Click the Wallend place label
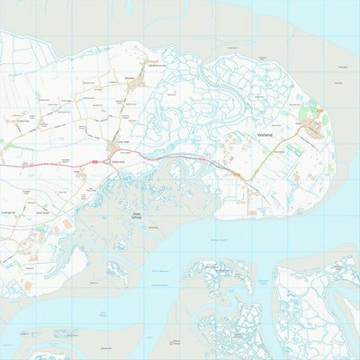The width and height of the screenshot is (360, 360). coord(265,134)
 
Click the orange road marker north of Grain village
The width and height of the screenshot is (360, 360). coord(319,111)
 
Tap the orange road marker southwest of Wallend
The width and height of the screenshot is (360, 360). coord(236,174)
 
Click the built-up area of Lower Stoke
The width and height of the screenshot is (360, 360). coord(117,146)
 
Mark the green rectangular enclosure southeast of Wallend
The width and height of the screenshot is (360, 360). coord(330,166)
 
